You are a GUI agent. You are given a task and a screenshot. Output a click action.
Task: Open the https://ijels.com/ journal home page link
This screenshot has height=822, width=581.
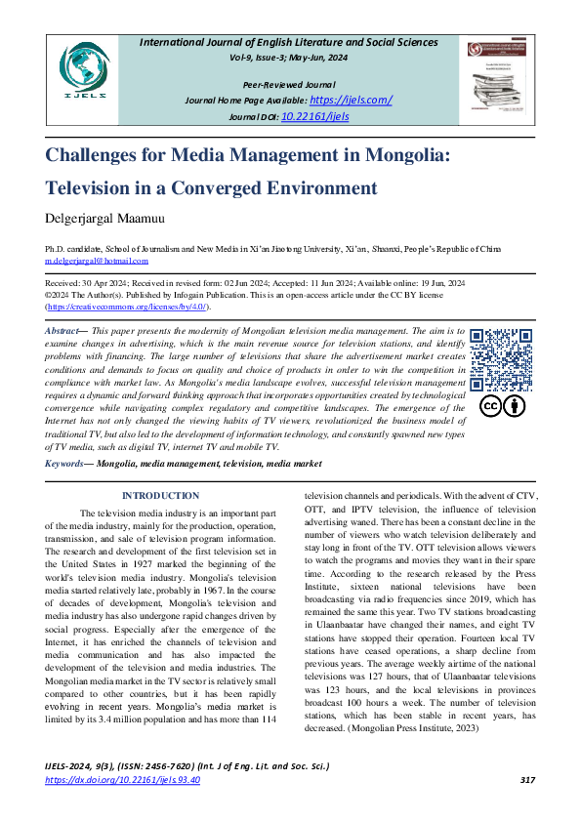coord(351,101)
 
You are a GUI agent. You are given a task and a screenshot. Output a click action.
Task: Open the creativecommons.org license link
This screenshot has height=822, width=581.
coord(127,306)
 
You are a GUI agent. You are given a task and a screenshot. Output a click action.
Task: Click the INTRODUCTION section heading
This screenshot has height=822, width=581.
coord(160,496)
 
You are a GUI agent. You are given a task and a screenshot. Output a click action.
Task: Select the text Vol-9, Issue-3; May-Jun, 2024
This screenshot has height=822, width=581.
coord(288,58)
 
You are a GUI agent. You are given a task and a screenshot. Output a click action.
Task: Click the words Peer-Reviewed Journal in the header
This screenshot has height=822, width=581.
coord(288,86)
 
